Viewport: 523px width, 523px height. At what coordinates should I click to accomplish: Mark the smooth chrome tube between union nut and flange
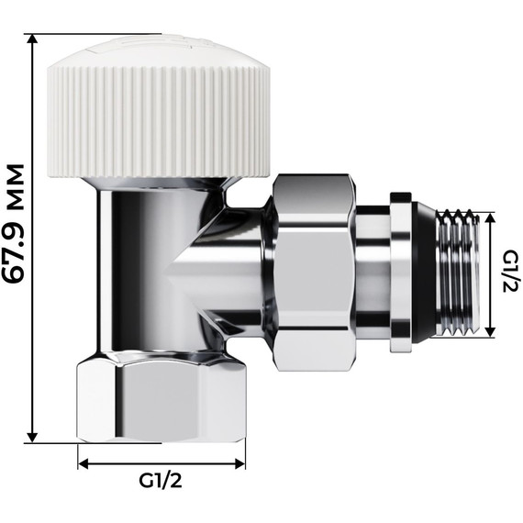tap(372, 271)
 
